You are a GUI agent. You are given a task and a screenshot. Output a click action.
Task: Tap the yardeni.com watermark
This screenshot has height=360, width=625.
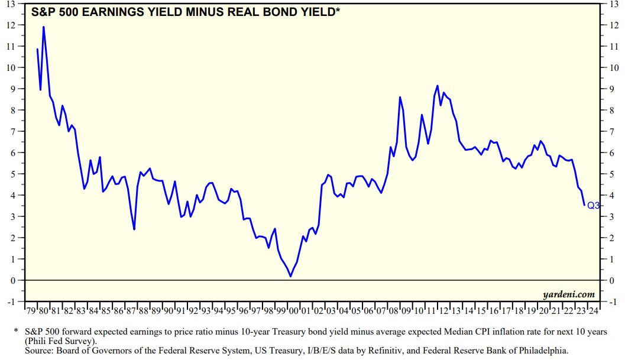pyautogui.click(x=568, y=294)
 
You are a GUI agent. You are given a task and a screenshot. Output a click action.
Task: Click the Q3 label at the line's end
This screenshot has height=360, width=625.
pyautogui.click(x=593, y=206)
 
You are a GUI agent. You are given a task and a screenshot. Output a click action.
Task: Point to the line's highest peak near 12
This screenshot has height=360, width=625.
pyautogui.click(x=43, y=27)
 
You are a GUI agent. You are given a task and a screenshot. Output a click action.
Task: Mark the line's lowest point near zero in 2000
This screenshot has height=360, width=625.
pyautogui.click(x=290, y=276)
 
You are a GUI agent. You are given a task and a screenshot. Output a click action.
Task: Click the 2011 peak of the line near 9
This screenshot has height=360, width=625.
pyautogui.click(x=438, y=86)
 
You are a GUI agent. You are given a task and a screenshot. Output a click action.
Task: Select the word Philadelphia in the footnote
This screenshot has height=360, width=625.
pyautogui.click(x=539, y=351)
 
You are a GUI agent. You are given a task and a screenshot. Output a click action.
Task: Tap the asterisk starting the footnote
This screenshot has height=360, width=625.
pyautogui.click(x=16, y=331)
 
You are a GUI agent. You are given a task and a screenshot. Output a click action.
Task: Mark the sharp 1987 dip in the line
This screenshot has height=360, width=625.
pyautogui.click(x=134, y=229)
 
